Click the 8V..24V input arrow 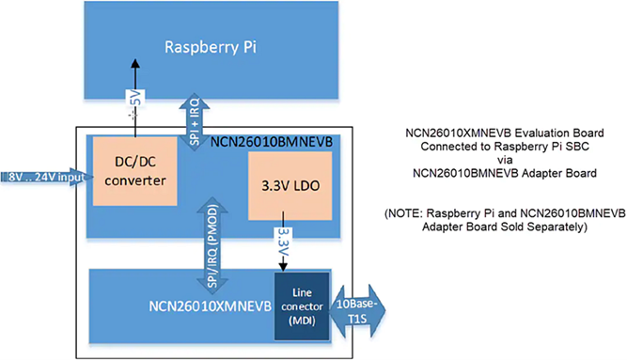(45, 176)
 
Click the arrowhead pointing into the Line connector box (283, 265)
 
